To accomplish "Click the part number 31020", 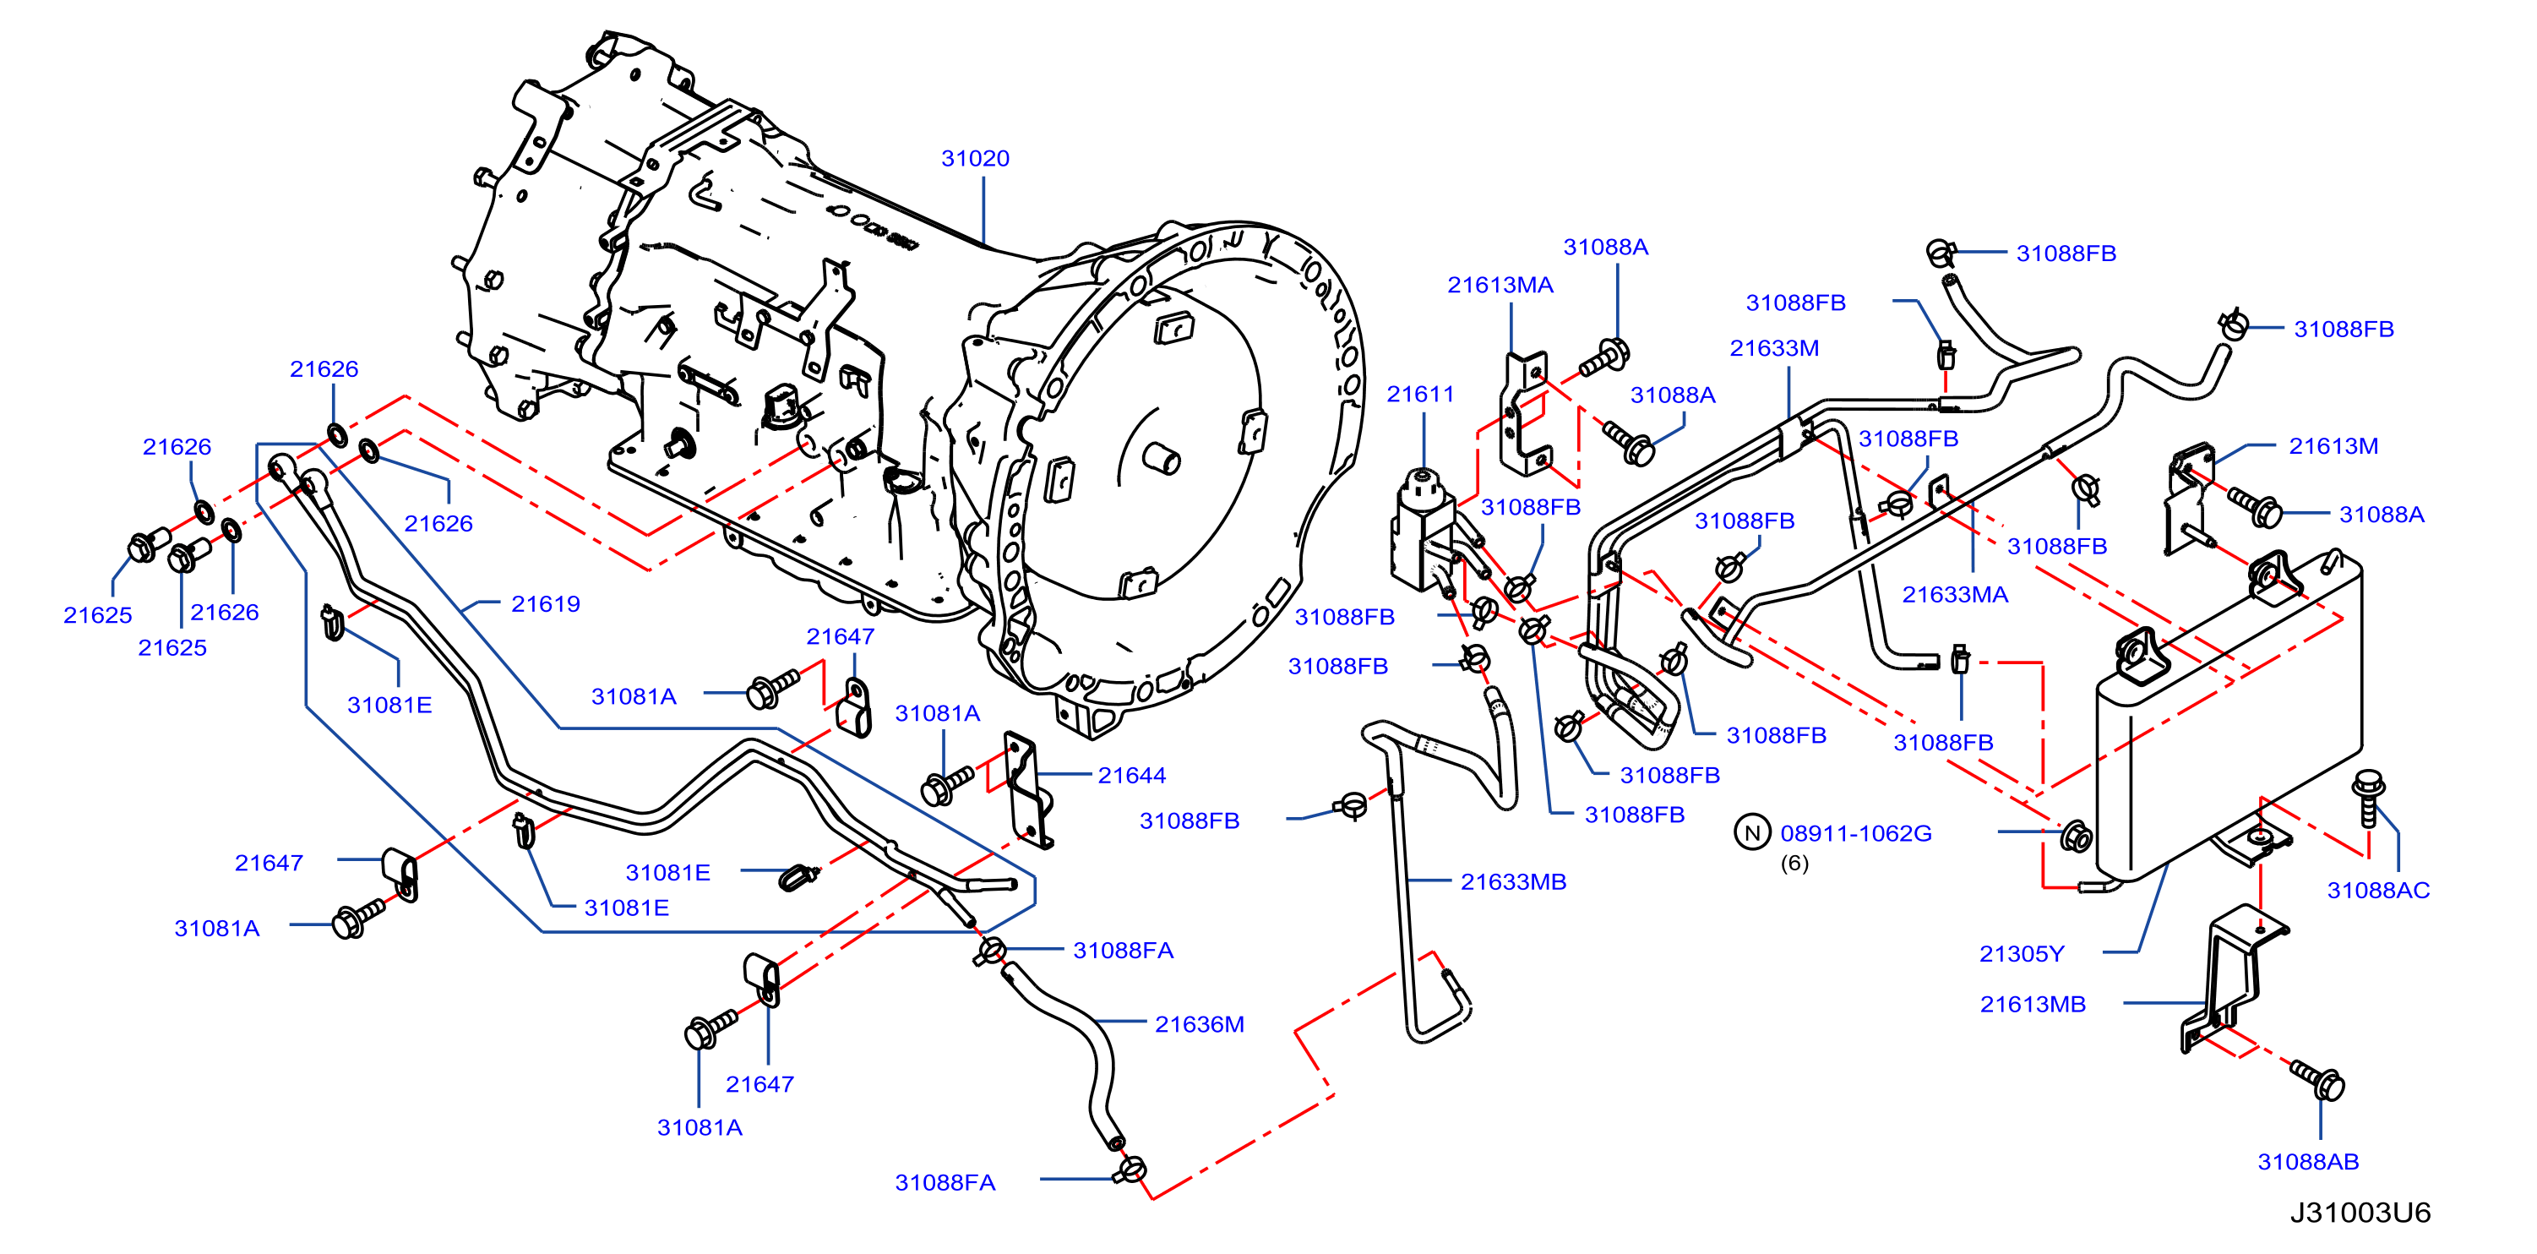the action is pyautogui.click(x=975, y=158).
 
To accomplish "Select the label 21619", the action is pyautogui.click(x=546, y=604).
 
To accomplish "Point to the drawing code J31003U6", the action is pyautogui.click(x=2360, y=1212).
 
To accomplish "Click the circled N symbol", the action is pyautogui.click(x=1752, y=832).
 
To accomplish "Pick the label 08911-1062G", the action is pyautogui.click(x=1855, y=833).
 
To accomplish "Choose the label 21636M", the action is pyautogui.click(x=1200, y=1024).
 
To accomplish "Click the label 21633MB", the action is pyautogui.click(x=1513, y=881).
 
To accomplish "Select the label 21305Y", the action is pyautogui.click(x=2022, y=953).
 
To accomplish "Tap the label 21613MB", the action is pyautogui.click(x=2033, y=1004).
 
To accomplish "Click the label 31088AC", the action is pyautogui.click(x=2378, y=891).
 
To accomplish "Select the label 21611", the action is pyautogui.click(x=1420, y=394).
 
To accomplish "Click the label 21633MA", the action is pyautogui.click(x=1955, y=594).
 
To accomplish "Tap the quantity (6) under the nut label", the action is pyautogui.click(x=1794, y=863).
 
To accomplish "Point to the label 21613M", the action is pyautogui.click(x=2333, y=446).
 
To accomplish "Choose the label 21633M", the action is pyautogui.click(x=1775, y=348).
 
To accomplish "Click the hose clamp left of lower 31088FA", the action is pyautogui.click(x=1130, y=1170).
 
